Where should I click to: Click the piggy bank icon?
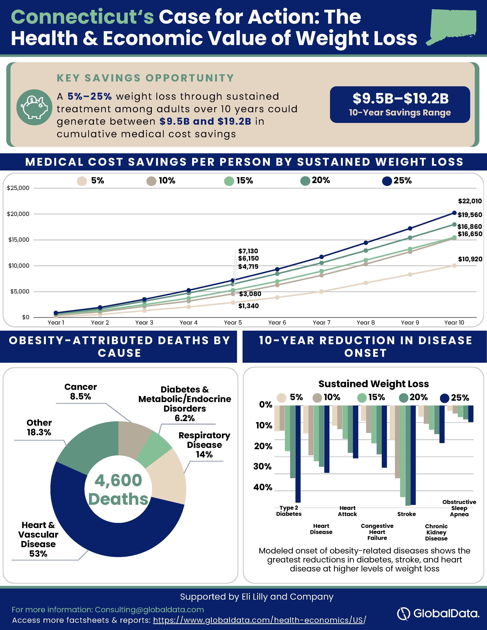34,107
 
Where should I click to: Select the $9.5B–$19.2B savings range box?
400,104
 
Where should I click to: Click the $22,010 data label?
470,201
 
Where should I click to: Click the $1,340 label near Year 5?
248,306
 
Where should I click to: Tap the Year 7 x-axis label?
321,322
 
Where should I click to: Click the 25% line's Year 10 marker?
454,213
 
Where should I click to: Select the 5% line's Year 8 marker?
366,283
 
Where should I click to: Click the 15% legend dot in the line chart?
229,181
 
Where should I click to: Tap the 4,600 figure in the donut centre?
118,480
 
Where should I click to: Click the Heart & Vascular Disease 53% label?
38,539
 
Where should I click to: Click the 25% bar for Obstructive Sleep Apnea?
471,414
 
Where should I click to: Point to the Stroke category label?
407,514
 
